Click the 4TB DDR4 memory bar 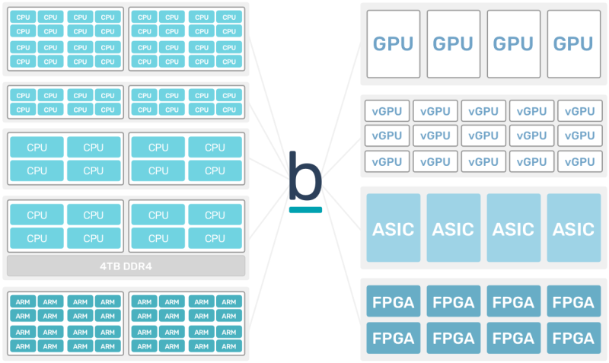[x=126, y=266]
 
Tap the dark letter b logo [x=305, y=176]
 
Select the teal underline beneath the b [x=305, y=209]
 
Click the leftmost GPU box [x=393, y=44]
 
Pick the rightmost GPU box [x=572, y=44]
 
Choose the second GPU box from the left [x=453, y=44]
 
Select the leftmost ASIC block [x=393, y=228]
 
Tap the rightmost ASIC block [x=572, y=228]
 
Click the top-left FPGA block [x=393, y=302]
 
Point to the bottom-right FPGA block [x=572, y=337]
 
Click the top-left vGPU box [x=387, y=111]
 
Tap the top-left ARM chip [x=23, y=301]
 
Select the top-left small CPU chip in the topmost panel [x=23, y=17]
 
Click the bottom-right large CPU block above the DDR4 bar [x=215, y=238]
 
